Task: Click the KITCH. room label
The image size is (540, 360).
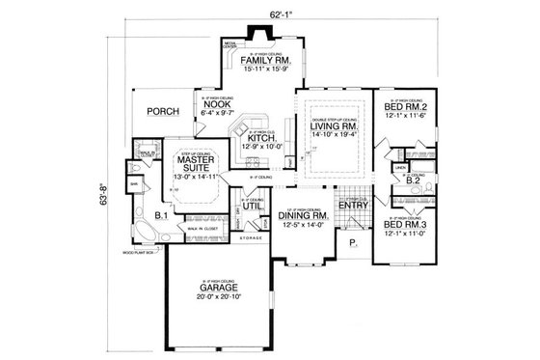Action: (261, 139)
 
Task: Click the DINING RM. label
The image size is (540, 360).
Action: (302, 215)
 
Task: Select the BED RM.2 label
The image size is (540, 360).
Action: (405, 106)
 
